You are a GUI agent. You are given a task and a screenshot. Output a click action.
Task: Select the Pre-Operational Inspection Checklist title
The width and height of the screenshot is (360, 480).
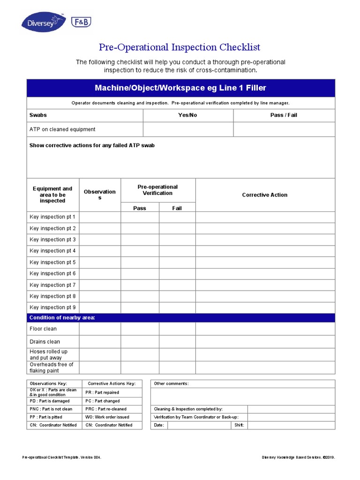(x=180, y=47)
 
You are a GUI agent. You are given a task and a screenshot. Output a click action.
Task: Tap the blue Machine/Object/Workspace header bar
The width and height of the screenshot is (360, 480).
(x=180, y=88)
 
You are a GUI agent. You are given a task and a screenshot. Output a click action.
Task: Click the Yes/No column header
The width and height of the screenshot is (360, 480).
(x=187, y=115)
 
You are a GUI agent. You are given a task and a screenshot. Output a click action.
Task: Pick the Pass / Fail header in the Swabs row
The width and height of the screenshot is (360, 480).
(x=284, y=115)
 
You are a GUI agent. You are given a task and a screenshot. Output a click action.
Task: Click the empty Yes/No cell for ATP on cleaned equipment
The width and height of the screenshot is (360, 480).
(x=187, y=129)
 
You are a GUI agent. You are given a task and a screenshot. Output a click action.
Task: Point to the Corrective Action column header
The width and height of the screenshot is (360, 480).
(x=265, y=195)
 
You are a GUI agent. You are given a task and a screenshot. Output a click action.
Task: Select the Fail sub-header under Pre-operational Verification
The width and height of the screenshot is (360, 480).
(x=177, y=208)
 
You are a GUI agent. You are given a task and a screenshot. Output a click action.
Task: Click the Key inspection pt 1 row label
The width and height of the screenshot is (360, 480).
(x=52, y=217)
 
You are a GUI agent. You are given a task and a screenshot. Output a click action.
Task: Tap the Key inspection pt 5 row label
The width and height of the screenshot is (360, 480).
(x=52, y=262)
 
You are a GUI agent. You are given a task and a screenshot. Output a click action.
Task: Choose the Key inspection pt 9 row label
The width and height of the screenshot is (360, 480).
(x=52, y=307)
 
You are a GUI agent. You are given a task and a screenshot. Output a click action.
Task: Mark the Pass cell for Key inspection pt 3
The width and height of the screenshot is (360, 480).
(x=140, y=240)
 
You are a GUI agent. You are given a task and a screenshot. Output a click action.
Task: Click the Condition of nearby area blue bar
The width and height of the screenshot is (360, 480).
(x=180, y=318)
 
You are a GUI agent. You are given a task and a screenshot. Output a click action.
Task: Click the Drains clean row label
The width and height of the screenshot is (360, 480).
(x=45, y=342)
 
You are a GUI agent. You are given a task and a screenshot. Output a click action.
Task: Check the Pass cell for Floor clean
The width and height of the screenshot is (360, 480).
(x=140, y=329)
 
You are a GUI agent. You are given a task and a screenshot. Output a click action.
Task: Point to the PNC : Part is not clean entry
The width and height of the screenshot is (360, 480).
(x=51, y=409)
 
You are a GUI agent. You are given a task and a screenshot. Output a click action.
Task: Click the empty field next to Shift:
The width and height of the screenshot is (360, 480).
(x=290, y=425)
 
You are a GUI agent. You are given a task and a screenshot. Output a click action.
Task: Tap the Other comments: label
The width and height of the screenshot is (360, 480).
(x=172, y=383)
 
